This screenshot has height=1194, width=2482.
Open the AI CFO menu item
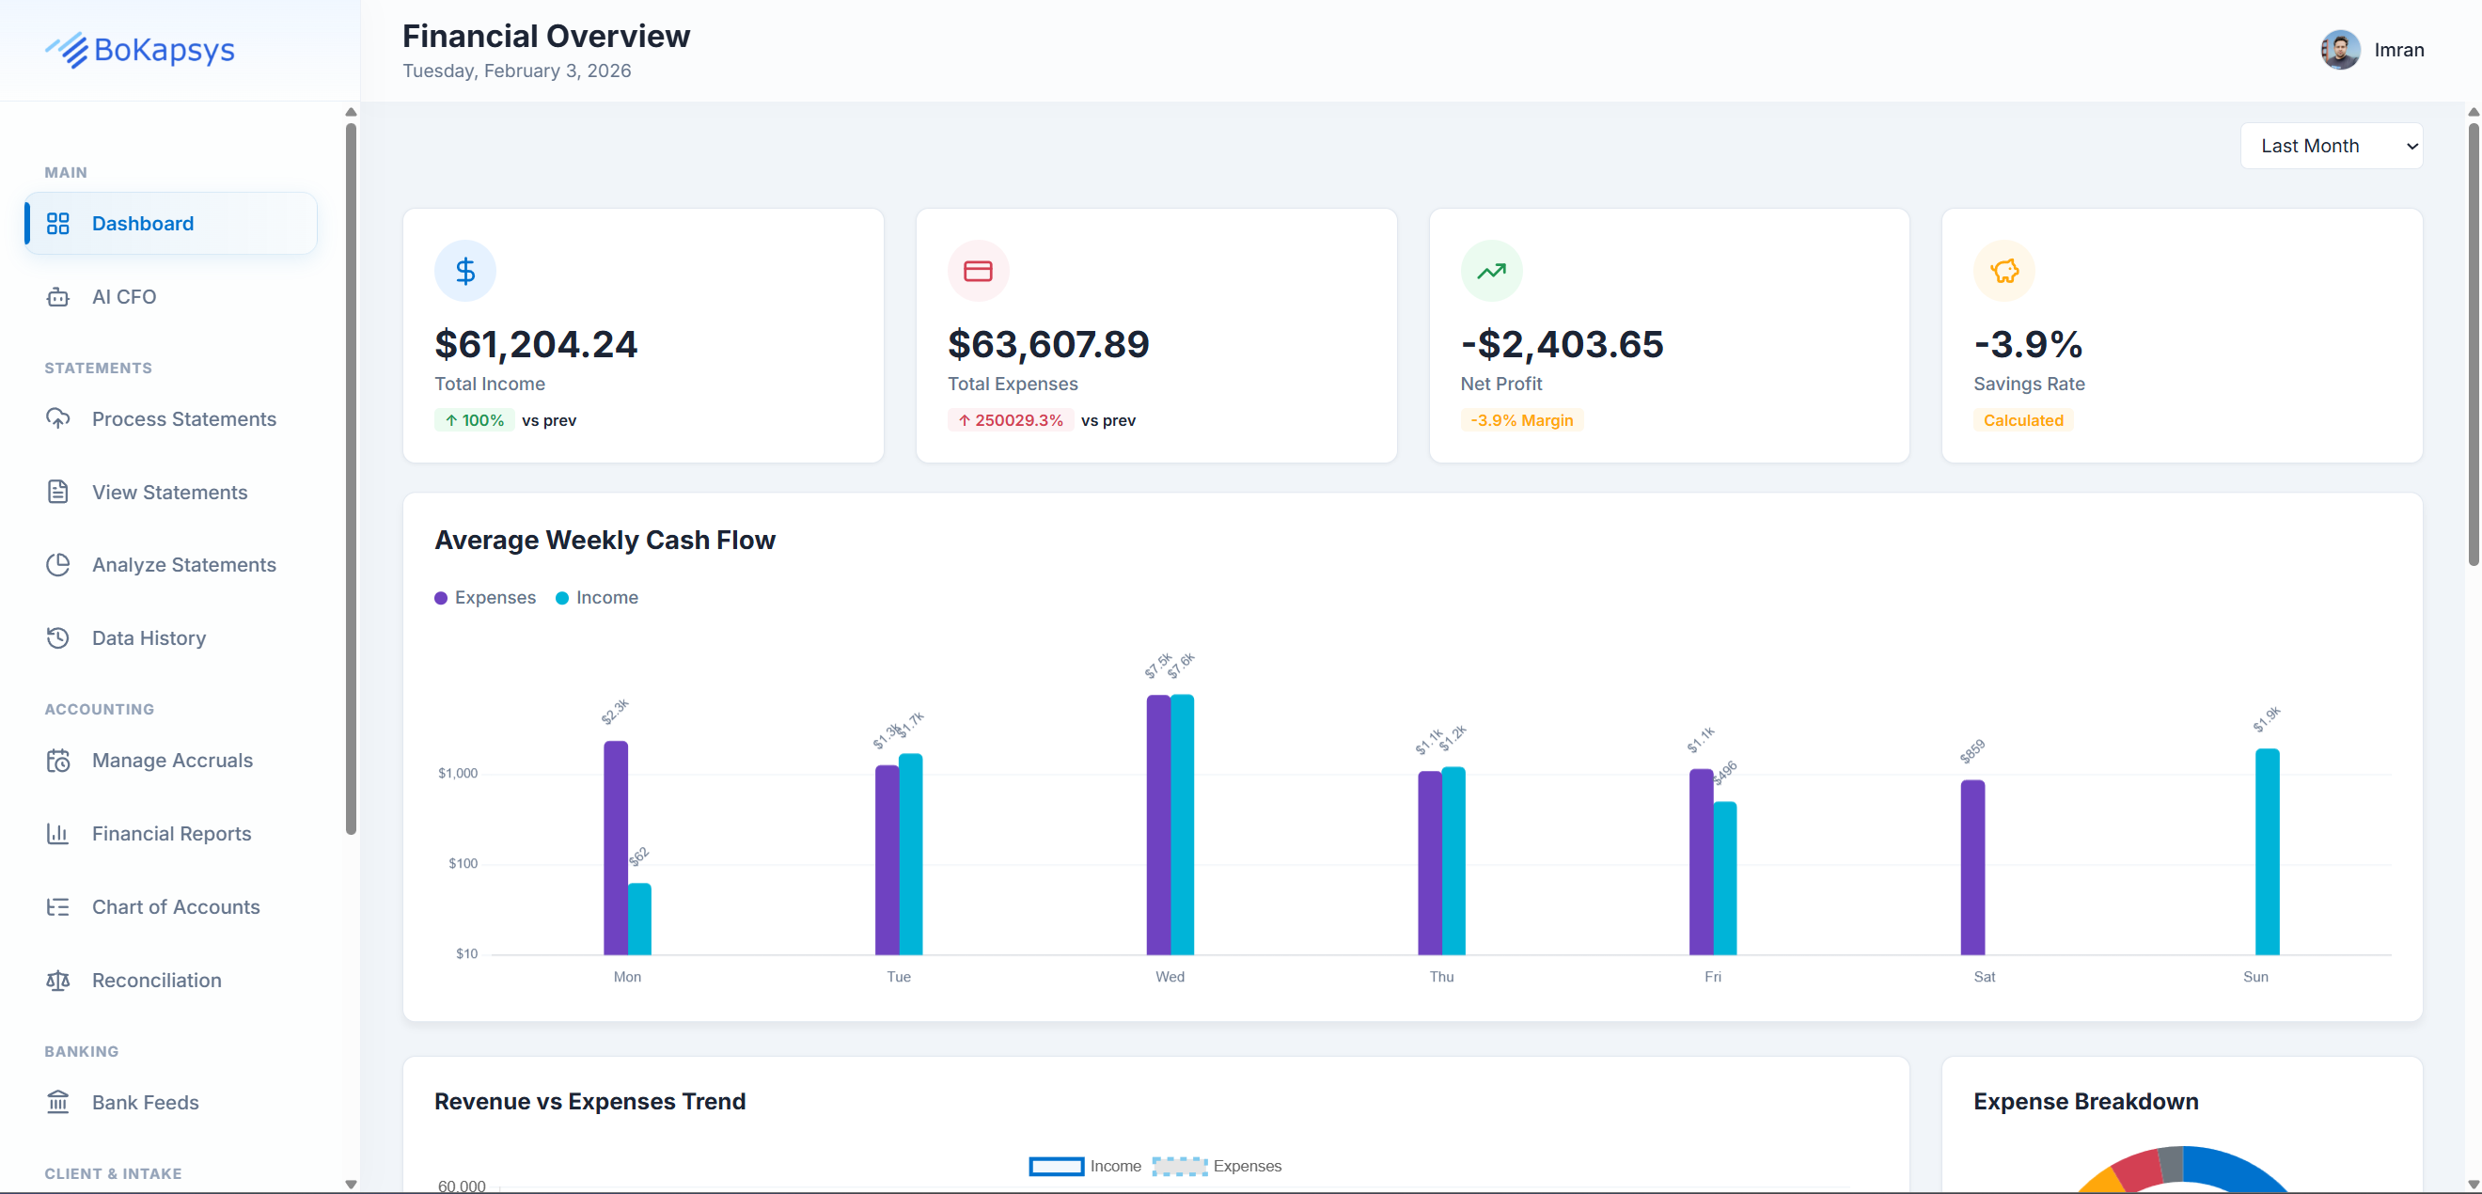click(x=123, y=297)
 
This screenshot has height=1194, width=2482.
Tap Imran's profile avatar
click(x=2339, y=50)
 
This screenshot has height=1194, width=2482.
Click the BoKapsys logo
click(x=141, y=50)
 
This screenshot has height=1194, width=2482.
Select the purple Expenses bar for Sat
click(x=1972, y=868)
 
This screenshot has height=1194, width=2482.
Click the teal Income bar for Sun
click(x=2267, y=852)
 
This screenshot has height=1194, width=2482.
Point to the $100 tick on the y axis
click(x=463, y=863)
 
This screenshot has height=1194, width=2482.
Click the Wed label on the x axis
click(x=1170, y=976)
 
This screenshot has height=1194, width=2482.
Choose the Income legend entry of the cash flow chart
click(x=597, y=598)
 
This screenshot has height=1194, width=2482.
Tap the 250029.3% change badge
click(x=1010, y=420)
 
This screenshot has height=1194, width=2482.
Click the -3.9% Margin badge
click(x=1521, y=420)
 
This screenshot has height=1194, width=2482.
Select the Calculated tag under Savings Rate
click(x=2022, y=420)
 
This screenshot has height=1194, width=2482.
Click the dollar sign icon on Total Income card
click(x=465, y=271)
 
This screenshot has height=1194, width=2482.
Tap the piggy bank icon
click(x=2004, y=271)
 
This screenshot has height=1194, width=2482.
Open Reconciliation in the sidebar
click(x=156, y=980)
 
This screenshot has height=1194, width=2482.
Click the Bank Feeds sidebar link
click(x=145, y=1103)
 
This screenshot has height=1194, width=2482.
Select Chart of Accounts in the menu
click(x=176, y=907)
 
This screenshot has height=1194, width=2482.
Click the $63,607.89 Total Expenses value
click(x=1048, y=344)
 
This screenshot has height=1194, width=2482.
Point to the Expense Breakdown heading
click(x=2085, y=1102)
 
